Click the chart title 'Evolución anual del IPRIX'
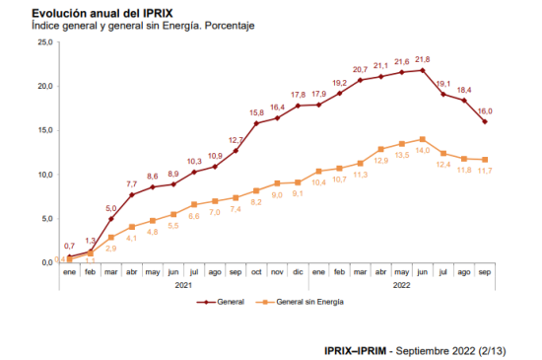pos(102,13)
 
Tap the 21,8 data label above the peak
pos(423,59)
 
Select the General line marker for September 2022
pos(485,121)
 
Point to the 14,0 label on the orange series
pos(423,150)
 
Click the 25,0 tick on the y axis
pos(45,42)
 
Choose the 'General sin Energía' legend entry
pos(300,302)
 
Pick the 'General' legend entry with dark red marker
pos(220,302)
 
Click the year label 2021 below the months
pos(183,285)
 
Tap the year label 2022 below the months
pos(402,285)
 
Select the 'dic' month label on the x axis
pos(298,272)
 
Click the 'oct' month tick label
pos(256,272)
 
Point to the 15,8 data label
pos(256,112)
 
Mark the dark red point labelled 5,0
pos(111,219)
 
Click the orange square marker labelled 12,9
pos(381,149)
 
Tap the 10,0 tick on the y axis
pos(45,175)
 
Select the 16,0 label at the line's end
pos(485,111)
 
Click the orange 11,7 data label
pos(485,171)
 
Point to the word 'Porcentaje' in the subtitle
pos(230,26)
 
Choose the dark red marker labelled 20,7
pos(360,80)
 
